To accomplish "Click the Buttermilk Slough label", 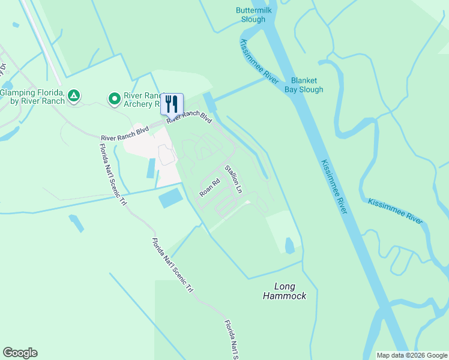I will pos(250,15).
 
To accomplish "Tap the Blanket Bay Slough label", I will pos(307,85).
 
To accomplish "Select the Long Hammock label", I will pos(285,291).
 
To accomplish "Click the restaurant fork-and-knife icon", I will pos(172,104).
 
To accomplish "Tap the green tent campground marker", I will pos(74,95).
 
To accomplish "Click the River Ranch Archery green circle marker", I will pos(113,97).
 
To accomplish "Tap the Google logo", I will pos(20,353).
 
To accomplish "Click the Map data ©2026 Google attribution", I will pos(412,355).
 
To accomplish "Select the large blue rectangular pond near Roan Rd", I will pos(170,198).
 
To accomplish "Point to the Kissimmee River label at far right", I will pos(395,211).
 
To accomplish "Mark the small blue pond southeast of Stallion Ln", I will pos(289,245).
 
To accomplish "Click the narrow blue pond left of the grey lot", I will pos(150,169).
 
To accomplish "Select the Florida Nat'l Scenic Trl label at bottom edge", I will pos(231,340).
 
